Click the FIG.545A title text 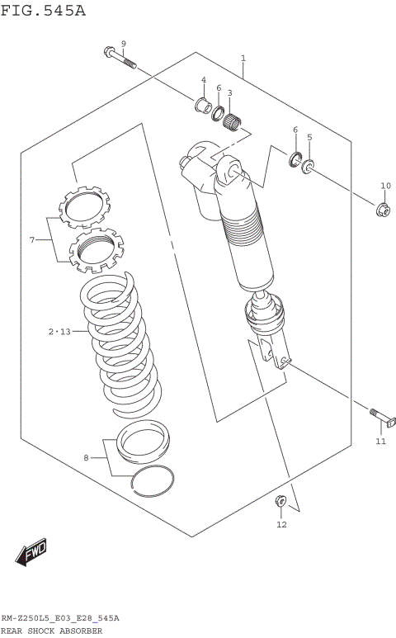(x=43, y=11)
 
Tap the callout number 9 (x=123, y=44)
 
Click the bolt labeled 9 (x=120, y=59)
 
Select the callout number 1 (x=243, y=59)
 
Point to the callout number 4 (x=204, y=80)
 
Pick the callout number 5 (x=309, y=137)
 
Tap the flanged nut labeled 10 (x=384, y=210)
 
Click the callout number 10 (x=385, y=185)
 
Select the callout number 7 (x=32, y=240)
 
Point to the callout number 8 (x=86, y=458)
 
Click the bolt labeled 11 (x=383, y=418)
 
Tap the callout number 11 (x=380, y=442)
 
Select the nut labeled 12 (x=280, y=501)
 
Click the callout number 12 (x=281, y=524)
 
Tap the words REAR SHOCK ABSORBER (x=52, y=631)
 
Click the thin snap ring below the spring (x=152, y=480)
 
